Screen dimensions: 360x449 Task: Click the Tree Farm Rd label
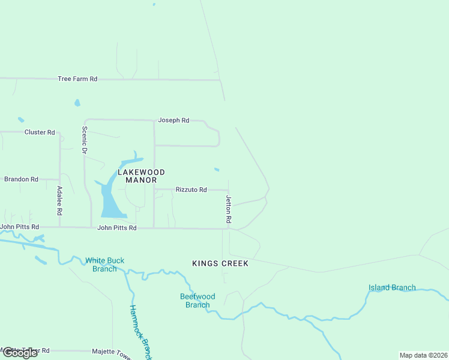point(77,79)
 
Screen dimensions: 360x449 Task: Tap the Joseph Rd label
point(173,121)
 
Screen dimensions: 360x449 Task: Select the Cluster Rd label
point(40,132)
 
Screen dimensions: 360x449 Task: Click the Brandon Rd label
point(21,179)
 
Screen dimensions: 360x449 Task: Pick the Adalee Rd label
point(59,201)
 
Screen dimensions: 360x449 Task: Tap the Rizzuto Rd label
point(191,190)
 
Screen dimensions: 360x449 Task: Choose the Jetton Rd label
point(229,209)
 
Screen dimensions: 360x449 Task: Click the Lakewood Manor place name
point(137,176)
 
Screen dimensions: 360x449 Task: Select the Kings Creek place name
point(220,263)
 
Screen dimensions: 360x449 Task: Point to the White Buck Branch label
point(104,265)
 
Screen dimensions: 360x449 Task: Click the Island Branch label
point(391,287)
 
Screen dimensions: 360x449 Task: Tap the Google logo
point(20,353)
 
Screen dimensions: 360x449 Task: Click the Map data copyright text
point(424,355)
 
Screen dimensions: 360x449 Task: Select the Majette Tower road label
point(111,352)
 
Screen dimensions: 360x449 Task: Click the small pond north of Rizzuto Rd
point(217,169)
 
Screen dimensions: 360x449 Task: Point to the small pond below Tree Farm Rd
point(77,103)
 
